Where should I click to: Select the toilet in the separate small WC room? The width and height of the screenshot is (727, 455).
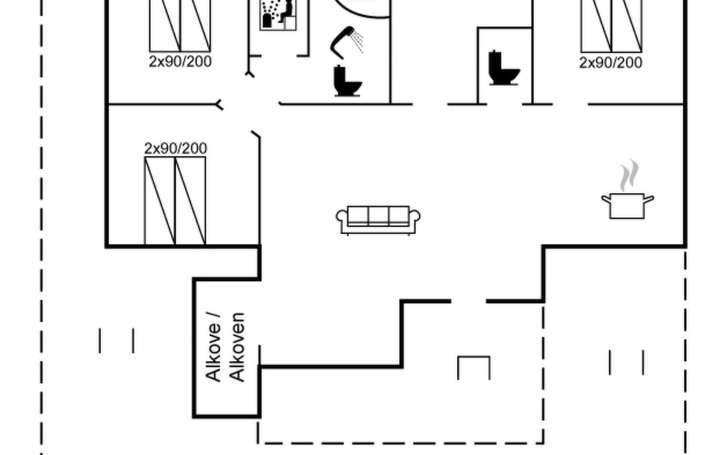(x=503, y=68)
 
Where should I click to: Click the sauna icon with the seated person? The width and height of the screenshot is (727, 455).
(x=278, y=14)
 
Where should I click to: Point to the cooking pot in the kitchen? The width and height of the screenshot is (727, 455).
(x=627, y=206)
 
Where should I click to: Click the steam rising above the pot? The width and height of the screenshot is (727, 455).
(x=629, y=176)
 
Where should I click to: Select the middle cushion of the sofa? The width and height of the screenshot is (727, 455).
(x=378, y=216)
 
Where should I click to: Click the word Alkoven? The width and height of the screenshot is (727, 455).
(x=237, y=347)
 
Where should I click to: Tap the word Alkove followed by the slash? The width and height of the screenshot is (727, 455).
(x=213, y=347)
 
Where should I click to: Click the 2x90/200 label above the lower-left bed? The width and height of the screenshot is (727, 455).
(x=176, y=148)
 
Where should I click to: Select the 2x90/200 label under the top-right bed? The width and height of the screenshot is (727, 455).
(x=610, y=63)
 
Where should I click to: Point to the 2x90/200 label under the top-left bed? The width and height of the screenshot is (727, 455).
(x=180, y=61)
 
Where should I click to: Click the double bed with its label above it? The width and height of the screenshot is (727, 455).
(x=175, y=201)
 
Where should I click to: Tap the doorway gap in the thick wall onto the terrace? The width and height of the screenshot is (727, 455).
(x=468, y=301)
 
